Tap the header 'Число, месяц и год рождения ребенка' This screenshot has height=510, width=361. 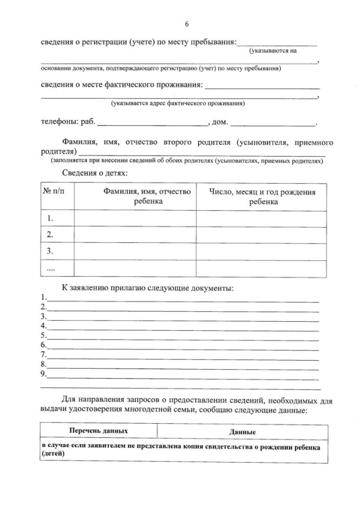262,197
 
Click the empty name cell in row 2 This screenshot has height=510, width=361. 135,235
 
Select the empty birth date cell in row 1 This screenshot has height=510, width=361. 261,219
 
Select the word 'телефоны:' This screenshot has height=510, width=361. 59,122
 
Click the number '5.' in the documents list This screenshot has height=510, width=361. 43,335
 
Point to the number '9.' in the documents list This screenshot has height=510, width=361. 43,373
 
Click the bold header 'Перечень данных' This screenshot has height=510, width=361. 98,431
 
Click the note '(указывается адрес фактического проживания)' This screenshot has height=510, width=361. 178,104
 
